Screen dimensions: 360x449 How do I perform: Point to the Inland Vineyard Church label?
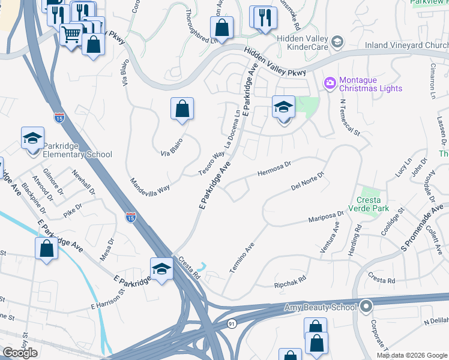[406, 45]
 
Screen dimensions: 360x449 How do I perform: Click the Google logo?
[20, 353]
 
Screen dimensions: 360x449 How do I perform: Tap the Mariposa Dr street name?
[326, 217]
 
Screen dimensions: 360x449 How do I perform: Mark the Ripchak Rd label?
[290, 279]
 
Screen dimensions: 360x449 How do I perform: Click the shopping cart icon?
[72, 34]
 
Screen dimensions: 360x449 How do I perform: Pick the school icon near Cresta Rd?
[161, 269]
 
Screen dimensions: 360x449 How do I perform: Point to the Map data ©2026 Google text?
[411, 355]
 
